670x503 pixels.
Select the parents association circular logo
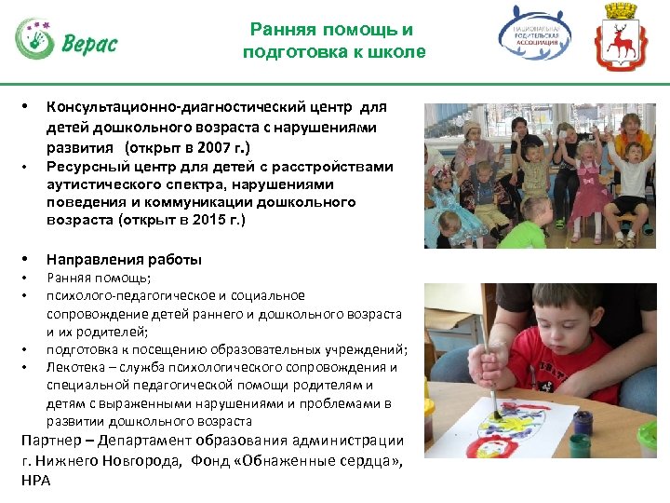coord(535,37)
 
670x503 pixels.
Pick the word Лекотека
coord(77,367)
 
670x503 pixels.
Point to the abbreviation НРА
coord(35,480)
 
